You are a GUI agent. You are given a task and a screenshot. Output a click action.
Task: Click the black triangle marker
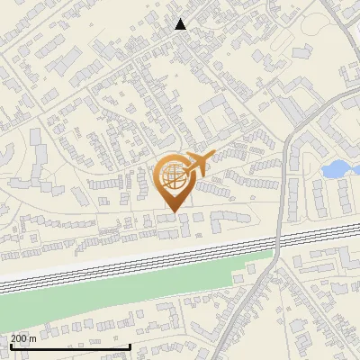point(181,24)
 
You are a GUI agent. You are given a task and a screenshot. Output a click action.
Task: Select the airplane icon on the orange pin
point(198,164)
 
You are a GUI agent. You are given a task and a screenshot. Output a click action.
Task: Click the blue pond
point(335,168)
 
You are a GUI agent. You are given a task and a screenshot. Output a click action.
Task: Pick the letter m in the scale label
point(34,338)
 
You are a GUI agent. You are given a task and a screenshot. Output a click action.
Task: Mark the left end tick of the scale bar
point(10,345)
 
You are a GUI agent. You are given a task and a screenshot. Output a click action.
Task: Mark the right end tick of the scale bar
point(130,345)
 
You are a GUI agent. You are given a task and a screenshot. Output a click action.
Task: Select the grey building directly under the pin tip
point(168,219)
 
